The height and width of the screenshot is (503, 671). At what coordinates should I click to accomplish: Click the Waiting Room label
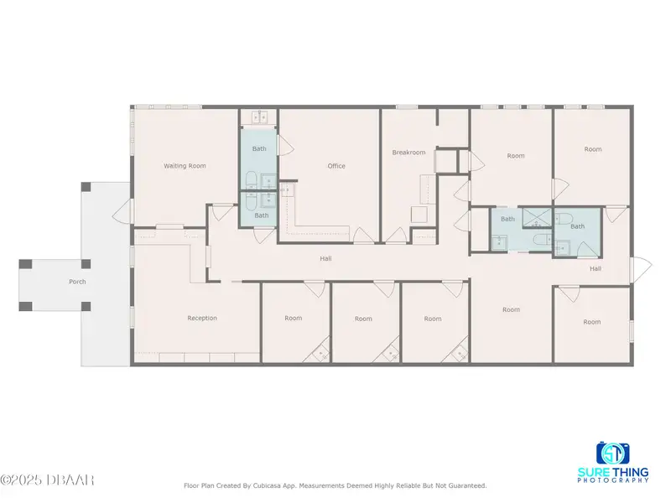tap(185, 165)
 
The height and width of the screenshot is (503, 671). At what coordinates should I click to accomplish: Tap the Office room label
tap(336, 166)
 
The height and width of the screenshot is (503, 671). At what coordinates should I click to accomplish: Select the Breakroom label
tap(408, 153)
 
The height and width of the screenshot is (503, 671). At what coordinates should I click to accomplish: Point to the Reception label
tap(202, 318)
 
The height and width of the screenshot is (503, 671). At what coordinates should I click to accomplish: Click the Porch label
tap(77, 282)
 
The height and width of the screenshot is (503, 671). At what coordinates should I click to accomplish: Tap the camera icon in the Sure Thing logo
tap(613, 454)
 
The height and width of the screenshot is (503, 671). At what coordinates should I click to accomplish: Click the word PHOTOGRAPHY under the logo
tap(613, 480)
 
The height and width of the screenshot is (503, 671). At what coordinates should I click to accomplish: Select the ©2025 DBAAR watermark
tap(47, 480)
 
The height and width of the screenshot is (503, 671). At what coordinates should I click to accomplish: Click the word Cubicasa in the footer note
tap(267, 485)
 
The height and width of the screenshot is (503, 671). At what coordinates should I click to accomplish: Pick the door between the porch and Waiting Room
tap(123, 211)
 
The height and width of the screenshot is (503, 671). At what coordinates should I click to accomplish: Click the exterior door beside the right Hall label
tap(641, 268)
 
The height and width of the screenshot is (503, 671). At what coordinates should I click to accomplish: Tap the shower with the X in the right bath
tap(537, 218)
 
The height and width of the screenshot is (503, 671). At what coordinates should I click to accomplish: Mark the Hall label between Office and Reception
tap(325, 258)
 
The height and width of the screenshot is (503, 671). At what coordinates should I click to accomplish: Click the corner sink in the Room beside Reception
tap(320, 353)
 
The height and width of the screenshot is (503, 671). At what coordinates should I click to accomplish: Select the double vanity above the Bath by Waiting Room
tap(259, 117)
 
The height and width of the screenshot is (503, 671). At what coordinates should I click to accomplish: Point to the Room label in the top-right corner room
tap(593, 149)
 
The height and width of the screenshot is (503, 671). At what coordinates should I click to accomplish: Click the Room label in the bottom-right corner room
tap(592, 322)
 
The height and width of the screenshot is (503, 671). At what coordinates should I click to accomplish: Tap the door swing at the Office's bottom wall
tap(364, 236)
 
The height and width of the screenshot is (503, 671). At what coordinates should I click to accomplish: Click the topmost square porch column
tap(86, 187)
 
